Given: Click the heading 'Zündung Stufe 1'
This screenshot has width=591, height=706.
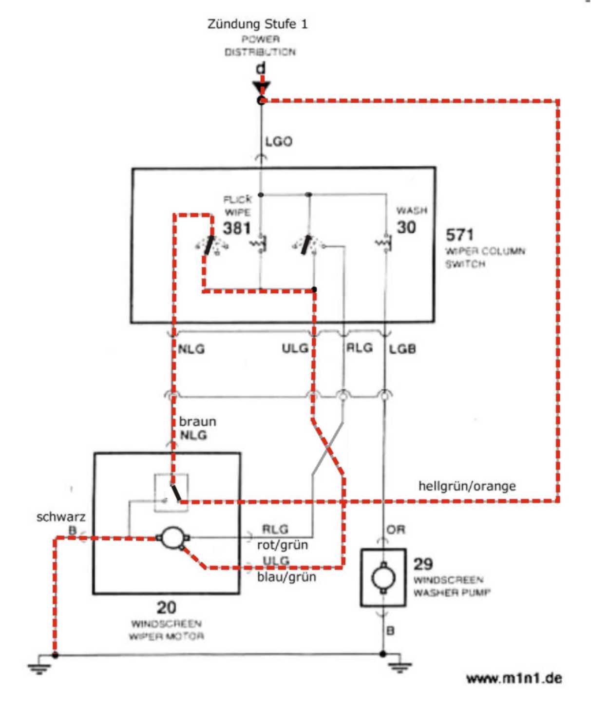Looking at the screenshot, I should (x=257, y=24).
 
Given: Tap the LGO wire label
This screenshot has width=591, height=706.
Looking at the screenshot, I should (x=279, y=142).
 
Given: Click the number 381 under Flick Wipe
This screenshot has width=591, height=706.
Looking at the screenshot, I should (x=237, y=228).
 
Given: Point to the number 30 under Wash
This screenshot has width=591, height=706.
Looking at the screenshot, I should (x=406, y=227).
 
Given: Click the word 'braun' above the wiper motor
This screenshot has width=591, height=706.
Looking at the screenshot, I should (x=197, y=421).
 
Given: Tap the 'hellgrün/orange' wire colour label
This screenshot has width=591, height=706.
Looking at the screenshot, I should (x=467, y=486).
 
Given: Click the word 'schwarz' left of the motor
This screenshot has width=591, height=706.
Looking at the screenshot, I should (x=61, y=517).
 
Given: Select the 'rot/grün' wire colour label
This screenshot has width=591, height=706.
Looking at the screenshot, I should (x=283, y=545).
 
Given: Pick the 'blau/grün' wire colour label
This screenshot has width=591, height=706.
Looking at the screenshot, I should (x=286, y=577).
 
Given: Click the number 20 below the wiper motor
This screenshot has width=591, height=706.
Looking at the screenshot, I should (x=166, y=607).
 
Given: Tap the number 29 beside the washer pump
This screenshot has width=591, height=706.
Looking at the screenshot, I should (x=423, y=564).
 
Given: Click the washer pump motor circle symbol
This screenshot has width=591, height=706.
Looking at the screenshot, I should (x=383, y=578).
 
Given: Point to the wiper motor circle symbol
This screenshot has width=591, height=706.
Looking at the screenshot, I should (x=171, y=537).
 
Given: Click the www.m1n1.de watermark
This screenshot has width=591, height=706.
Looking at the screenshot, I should (x=514, y=678).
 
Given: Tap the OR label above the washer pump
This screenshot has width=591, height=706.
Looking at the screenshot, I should (x=396, y=530).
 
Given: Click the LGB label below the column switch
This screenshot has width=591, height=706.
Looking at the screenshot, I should (x=402, y=349).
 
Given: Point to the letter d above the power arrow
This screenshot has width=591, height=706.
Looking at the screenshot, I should (x=261, y=69).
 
